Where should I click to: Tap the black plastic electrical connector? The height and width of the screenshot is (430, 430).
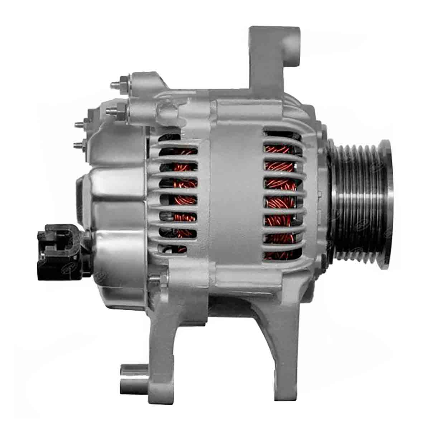59,247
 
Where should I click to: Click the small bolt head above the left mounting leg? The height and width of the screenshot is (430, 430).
155,277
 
